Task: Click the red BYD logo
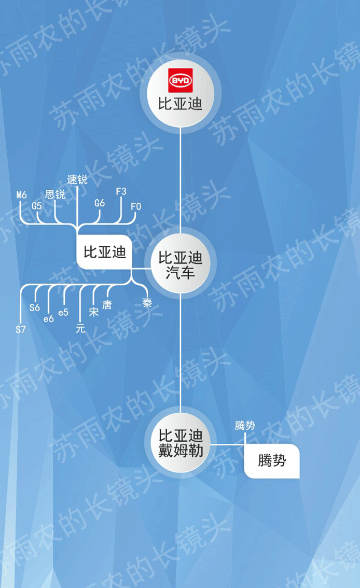tap(180, 81)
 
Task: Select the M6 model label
tap(21, 195)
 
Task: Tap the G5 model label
tap(36, 205)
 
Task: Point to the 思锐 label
tap(55, 194)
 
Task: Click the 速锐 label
tap(77, 180)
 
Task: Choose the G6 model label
tap(100, 203)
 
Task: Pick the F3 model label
tap(121, 191)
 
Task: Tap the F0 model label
tap(136, 206)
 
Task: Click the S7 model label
tap(21, 329)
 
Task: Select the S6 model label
tap(35, 307)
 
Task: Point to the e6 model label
tap(49, 319)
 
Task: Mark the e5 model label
tap(63, 312)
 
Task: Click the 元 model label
tap(80, 328)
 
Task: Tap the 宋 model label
tap(94, 312)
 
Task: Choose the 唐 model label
tap(107, 304)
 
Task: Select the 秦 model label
tap(147, 303)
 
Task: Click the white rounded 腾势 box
tap(272, 460)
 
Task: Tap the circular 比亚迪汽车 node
tap(180, 264)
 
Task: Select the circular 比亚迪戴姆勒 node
tap(180, 442)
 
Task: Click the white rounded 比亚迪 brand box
tap(105, 253)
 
